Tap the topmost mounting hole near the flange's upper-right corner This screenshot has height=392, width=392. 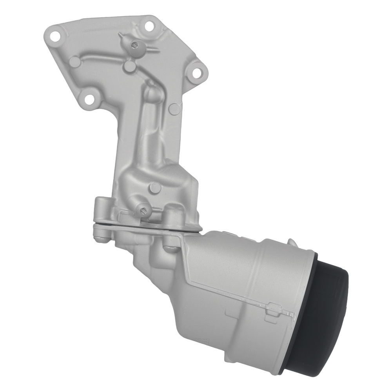pyautogui.click(x=149, y=26)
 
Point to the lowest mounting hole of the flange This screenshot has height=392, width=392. pyautogui.click(x=90, y=98)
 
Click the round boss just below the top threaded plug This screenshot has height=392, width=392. pyautogui.click(x=129, y=67)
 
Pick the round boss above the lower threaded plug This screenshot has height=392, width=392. pyautogui.click(x=155, y=187)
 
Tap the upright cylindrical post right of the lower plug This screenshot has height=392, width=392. pyautogui.click(x=171, y=215)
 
